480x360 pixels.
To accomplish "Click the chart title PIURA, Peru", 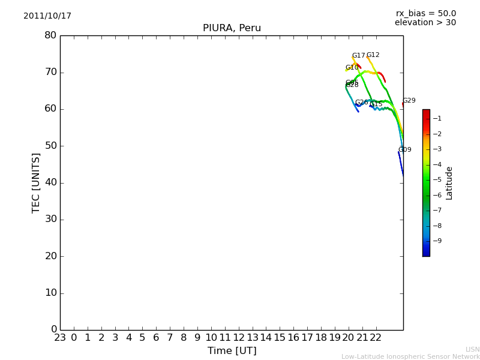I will [x=232, y=28].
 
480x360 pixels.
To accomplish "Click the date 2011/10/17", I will [x=47, y=16].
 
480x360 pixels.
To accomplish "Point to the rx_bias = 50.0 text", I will [x=425, y=13].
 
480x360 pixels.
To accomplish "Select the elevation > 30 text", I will [x=425, y=23].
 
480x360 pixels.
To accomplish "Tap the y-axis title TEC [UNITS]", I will [x=36, y=182].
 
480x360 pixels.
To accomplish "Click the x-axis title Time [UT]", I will [x=232, y=351].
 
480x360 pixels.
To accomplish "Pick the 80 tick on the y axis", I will [x=50, y=35].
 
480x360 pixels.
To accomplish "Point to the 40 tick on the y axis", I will [x=50, y=182].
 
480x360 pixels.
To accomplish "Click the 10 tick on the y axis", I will [x=50, y=293].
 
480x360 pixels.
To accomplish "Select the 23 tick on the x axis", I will [x=60, y=338].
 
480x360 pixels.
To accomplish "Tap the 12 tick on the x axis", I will [x=239, y=338].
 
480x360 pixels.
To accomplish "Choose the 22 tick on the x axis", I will [x=376, y=338].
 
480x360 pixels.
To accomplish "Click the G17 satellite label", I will [x=358, y=56].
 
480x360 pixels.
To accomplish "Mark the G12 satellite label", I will [x=373, y=55].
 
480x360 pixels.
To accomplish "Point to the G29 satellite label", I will [x=409, y=101].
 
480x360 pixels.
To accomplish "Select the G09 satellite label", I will [x=404, y=150].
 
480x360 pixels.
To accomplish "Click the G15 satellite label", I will [x=376, y=104].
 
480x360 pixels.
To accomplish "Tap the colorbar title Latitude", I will [x=449, y=182].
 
